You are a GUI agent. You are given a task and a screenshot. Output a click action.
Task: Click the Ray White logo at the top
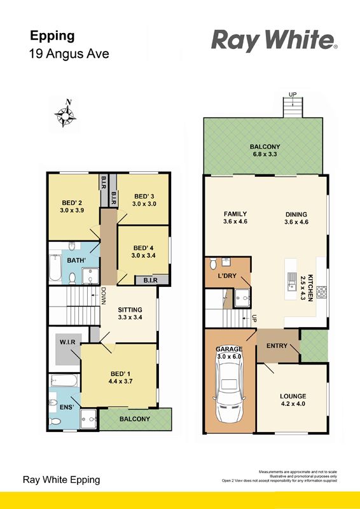(x=274, y=40)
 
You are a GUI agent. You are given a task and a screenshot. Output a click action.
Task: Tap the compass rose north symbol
(x=66, y=113)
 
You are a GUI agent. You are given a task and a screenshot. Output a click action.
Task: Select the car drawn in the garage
(x=230, y=388)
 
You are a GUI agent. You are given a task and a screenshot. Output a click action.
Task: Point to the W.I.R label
(x=67, y=342)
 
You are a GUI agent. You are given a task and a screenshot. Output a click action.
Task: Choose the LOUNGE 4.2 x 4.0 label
(x=293, y=400)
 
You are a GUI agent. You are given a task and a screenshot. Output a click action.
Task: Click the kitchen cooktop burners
(x=322, y=292)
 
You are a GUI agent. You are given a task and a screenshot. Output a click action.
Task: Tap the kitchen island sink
(x=292, y=281)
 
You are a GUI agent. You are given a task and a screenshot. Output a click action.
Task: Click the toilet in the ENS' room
(x=55, y=421)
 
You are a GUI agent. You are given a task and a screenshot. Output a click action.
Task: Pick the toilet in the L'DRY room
(x=213, y=263)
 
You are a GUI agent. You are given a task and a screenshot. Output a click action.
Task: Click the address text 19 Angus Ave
(x=69, y=53)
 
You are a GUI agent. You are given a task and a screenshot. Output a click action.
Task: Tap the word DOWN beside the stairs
(x=104, y=296)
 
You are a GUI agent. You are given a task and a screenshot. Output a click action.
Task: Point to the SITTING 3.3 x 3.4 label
(x=130, y=313)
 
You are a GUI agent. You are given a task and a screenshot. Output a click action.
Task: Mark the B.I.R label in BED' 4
(x=151, y=280)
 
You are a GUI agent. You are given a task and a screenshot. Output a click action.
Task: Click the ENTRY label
(x=277, y=345)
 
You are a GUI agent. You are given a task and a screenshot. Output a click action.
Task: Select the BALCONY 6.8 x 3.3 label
(x=265, y=150)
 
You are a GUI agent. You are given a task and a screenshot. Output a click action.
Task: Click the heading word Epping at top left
(x=52, y=36)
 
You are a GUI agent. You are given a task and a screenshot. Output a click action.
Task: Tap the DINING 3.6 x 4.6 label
(x=296, y=218)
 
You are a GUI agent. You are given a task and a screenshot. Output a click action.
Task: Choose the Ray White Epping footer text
(x=61, y=480)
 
